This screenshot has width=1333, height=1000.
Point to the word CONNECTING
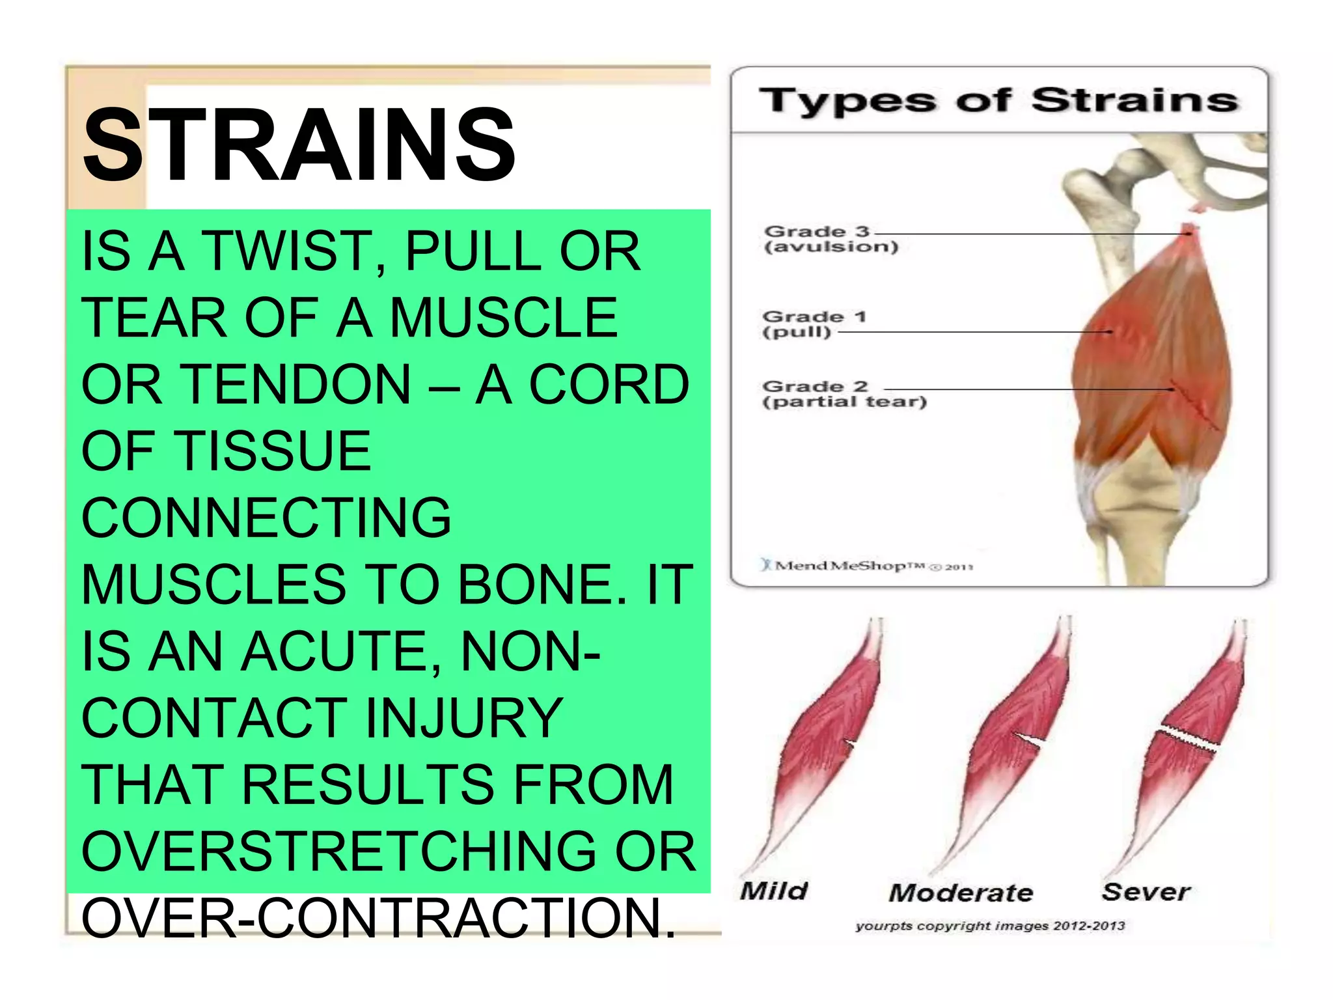(266, 518)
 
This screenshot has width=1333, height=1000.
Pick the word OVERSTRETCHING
(338, 852)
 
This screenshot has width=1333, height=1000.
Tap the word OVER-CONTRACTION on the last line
(378, 918)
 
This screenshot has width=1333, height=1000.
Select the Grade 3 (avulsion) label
(831, 239)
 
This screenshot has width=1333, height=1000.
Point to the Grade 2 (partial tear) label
(844, 394)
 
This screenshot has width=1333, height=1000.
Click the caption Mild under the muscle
(774, 891)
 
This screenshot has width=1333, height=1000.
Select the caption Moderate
(961, 893)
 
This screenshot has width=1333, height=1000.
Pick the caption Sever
(1146, 891)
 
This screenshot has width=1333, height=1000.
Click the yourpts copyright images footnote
(989, 926)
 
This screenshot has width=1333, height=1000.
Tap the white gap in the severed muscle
(1187, 738)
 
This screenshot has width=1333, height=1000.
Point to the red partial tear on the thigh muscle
(1194, 407)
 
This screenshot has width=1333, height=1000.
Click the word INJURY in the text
(463, 718)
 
